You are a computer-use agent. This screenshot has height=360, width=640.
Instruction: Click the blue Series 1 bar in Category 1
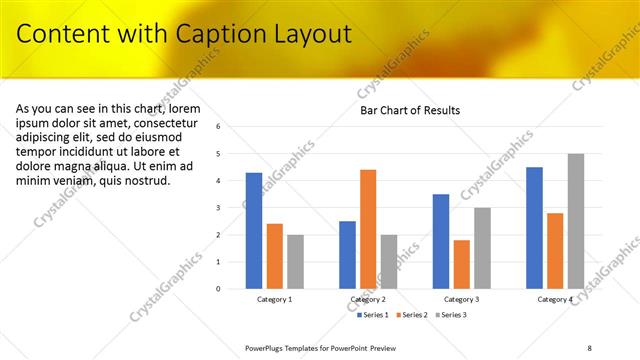(254, 231)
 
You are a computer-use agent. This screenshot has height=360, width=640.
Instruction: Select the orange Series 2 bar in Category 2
(368, 229)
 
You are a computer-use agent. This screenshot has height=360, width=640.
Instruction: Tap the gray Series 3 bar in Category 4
(575, 221)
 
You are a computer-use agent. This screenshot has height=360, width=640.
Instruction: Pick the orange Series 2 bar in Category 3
(461, 264)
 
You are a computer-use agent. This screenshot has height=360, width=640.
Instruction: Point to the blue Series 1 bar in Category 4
(534, 228)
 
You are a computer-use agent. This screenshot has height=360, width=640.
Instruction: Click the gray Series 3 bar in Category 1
(295, 262)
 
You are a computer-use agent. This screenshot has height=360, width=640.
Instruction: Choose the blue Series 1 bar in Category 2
(347, 255)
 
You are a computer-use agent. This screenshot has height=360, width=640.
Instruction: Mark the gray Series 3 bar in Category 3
(482, 248)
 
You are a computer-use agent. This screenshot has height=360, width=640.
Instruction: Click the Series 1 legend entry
(372, 315)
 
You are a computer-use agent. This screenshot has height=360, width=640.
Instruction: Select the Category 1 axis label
(274, 299)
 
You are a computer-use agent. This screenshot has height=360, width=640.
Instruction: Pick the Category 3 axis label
(461, 299)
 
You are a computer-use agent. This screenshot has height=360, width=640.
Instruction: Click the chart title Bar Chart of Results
(410, 110)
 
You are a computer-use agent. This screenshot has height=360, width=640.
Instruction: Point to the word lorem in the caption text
(186, 108)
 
